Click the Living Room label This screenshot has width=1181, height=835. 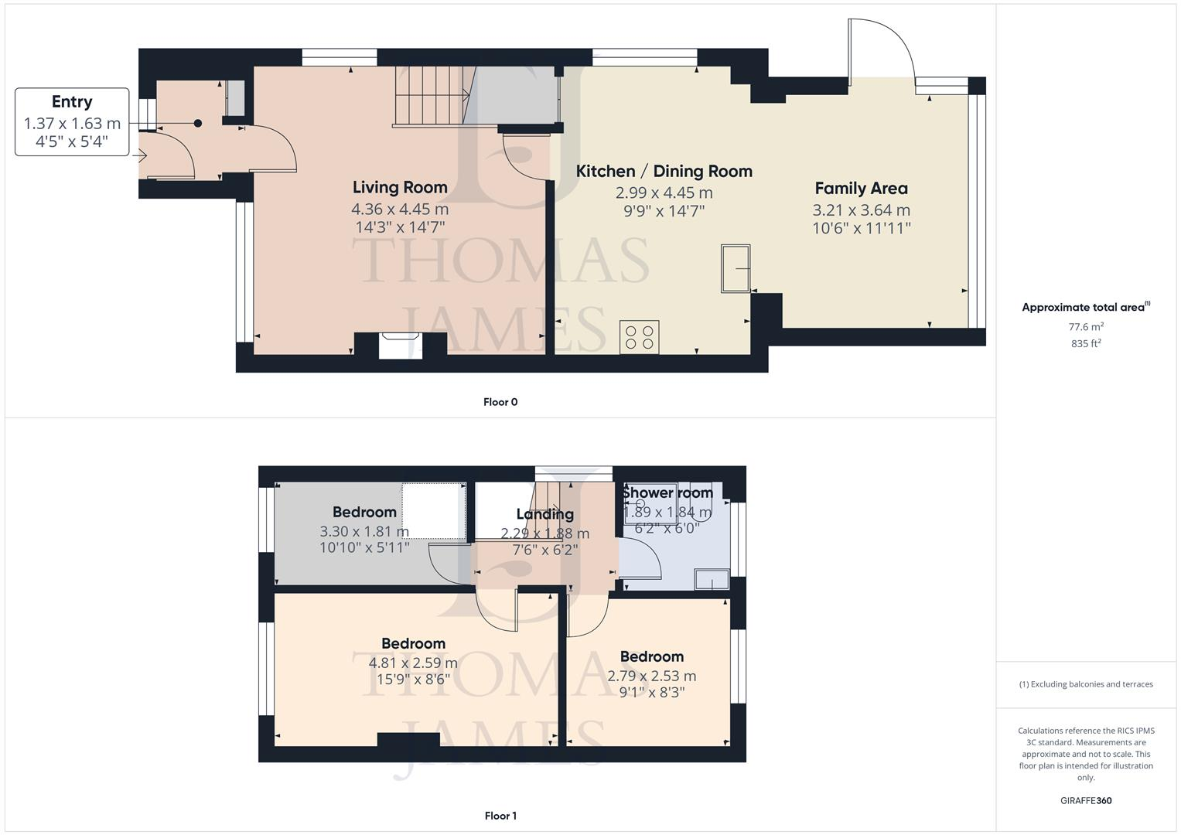[400, 187]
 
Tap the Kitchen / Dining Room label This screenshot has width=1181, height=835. [664, 171]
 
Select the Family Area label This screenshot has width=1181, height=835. [861, 188]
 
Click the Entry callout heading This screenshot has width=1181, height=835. [72, 101]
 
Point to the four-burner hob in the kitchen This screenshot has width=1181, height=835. [640, 337]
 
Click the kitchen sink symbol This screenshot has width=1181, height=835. [736, 268]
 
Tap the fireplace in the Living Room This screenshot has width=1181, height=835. [401, 344]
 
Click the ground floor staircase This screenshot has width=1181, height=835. [429, 96]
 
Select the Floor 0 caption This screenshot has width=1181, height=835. [500, 402]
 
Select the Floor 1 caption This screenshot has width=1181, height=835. [500, 816]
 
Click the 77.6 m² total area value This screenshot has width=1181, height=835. [1086, 326]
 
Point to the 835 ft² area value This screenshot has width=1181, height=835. [1086, 344]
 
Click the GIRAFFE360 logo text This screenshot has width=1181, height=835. [1087, 800]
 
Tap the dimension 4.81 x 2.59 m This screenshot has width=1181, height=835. [413, 663]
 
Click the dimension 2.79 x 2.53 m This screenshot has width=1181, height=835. [651, 676]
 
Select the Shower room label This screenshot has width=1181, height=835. [667, 492]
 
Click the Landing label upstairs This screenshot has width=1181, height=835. [544, 514]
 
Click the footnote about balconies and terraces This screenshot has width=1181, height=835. [1086, 684]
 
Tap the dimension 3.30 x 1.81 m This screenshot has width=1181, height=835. [364, 531]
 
